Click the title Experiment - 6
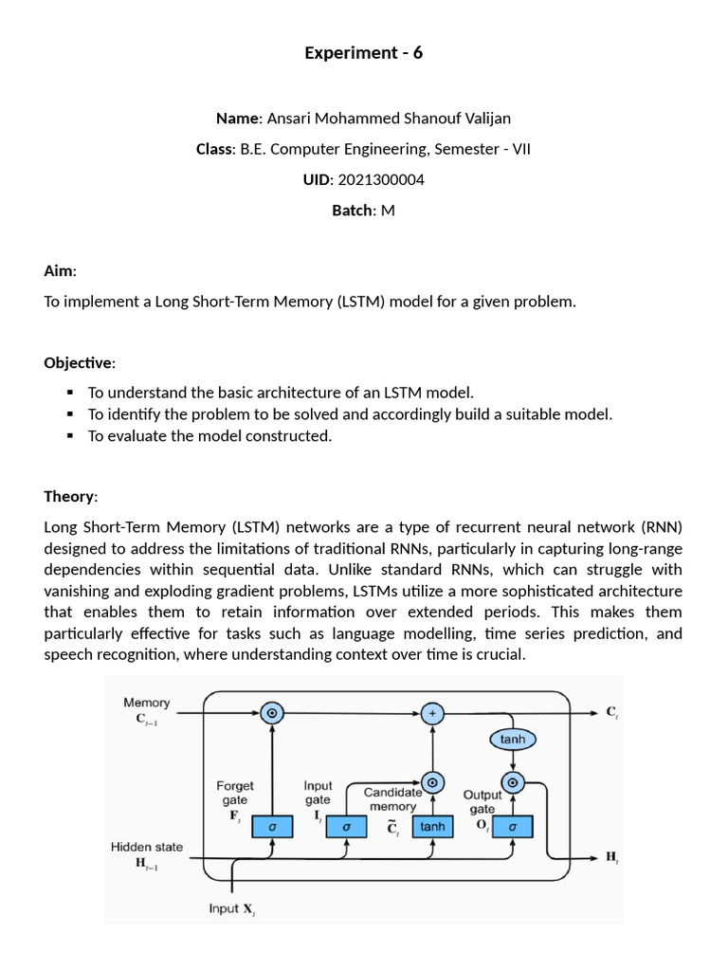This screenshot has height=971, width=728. pos(363,53)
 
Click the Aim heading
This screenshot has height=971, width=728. pos(59,271)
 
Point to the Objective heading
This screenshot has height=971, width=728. pos(79,362)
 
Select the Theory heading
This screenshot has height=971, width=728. pos(69,496)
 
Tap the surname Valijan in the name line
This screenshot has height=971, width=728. pos(483,119)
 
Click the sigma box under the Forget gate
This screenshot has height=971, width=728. pos(272,827)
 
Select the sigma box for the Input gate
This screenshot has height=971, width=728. pos(346,827)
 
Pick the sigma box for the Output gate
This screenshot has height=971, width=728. pos(513,827)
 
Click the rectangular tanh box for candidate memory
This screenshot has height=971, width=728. pos(432,827)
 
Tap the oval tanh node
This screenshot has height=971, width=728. pos(513,739)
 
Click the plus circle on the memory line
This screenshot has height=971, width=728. pos(432,712)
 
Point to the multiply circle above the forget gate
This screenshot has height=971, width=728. pos(272,712)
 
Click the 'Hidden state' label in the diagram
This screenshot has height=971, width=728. pos(147,847)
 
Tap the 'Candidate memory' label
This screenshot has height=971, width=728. pos(392,798)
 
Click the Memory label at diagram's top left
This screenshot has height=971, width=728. pos(146,703)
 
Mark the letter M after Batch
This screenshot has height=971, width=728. pos(387,211)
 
